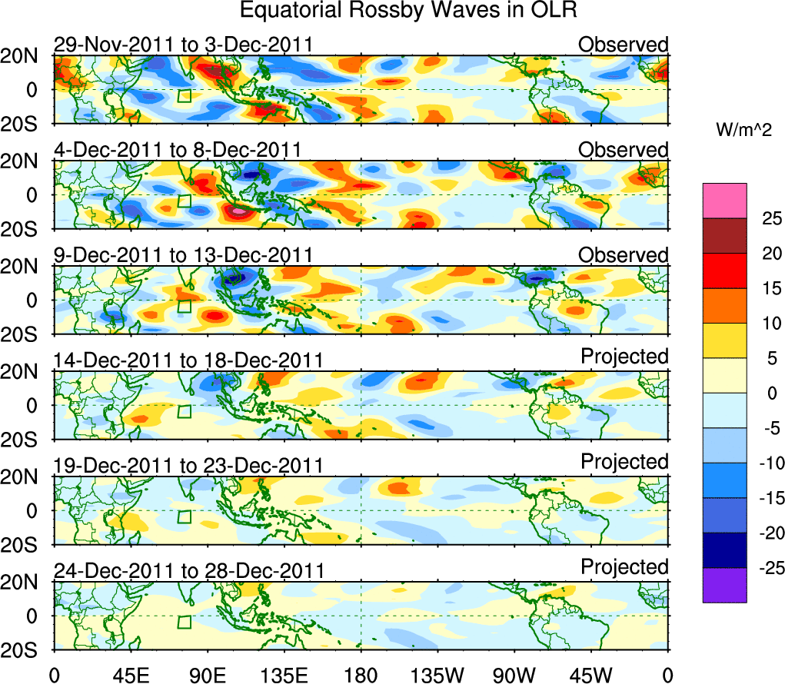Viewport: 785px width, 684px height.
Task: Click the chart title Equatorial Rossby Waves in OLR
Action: click(x=408, y=11)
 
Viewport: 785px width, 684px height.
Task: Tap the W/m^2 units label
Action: click(x=743, y=131)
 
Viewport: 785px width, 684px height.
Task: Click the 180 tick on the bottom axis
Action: click(x=361, y=676)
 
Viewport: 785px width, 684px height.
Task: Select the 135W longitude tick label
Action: click(x=437, y=676)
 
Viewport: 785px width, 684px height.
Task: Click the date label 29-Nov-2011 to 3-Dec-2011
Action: click(x=183, y=45)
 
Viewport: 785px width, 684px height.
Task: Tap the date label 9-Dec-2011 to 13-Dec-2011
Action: click(x=183, y=255)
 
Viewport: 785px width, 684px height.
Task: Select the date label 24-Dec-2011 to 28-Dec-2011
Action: click(x=188, y=571)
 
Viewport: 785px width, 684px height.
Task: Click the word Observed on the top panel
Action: click(x=624, y=45)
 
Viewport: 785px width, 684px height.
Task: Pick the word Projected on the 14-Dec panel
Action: click(x=624, y=357)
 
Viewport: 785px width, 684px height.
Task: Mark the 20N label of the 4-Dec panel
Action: click(x=25, y=161)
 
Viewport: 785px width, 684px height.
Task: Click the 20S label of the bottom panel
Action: click(x=25, y=649)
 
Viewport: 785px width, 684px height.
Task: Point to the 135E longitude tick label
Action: click(x=284, y=676)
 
